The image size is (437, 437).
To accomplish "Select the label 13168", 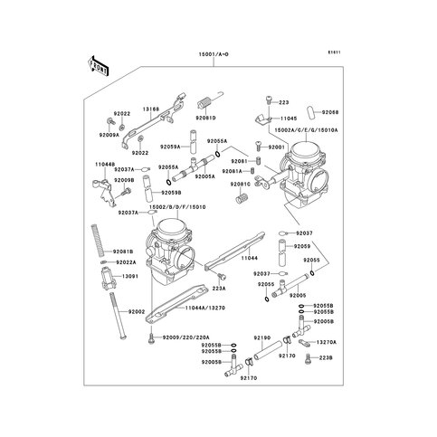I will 151,109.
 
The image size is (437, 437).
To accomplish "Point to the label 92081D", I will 207,118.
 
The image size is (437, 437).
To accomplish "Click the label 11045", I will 289,118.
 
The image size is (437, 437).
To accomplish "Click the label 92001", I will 276,147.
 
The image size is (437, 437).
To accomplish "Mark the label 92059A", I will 170,146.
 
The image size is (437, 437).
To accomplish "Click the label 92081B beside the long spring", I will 124,251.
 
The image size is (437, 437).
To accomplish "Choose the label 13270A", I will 328,343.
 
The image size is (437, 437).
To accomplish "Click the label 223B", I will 328,358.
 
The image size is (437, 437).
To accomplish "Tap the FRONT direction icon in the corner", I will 98,66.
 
